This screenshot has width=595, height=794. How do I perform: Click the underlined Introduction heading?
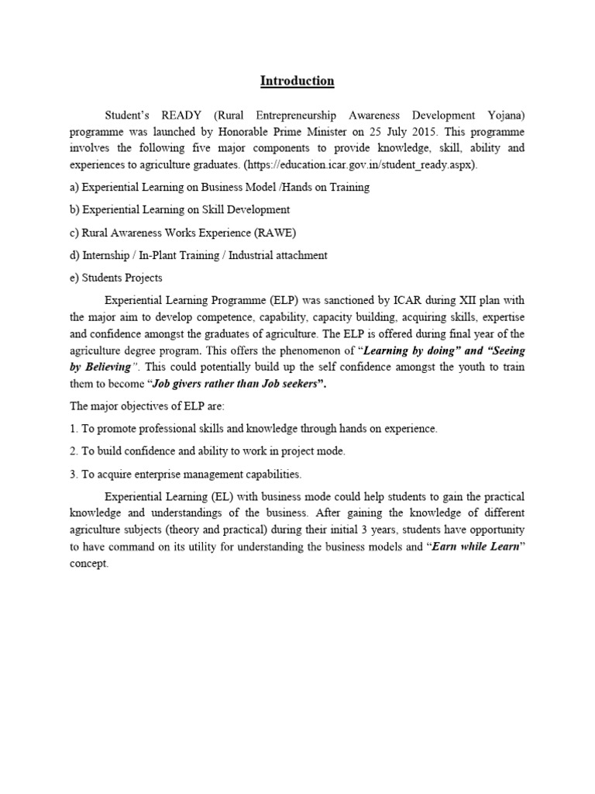tap(297, 81)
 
